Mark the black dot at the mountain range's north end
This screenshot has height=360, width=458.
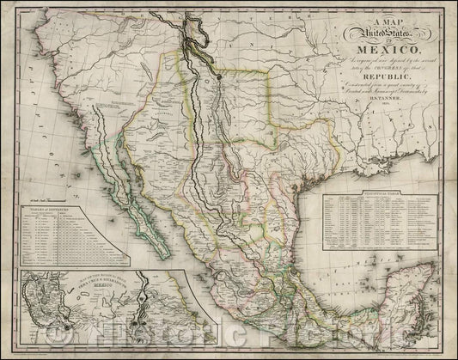[x=220, y=76]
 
